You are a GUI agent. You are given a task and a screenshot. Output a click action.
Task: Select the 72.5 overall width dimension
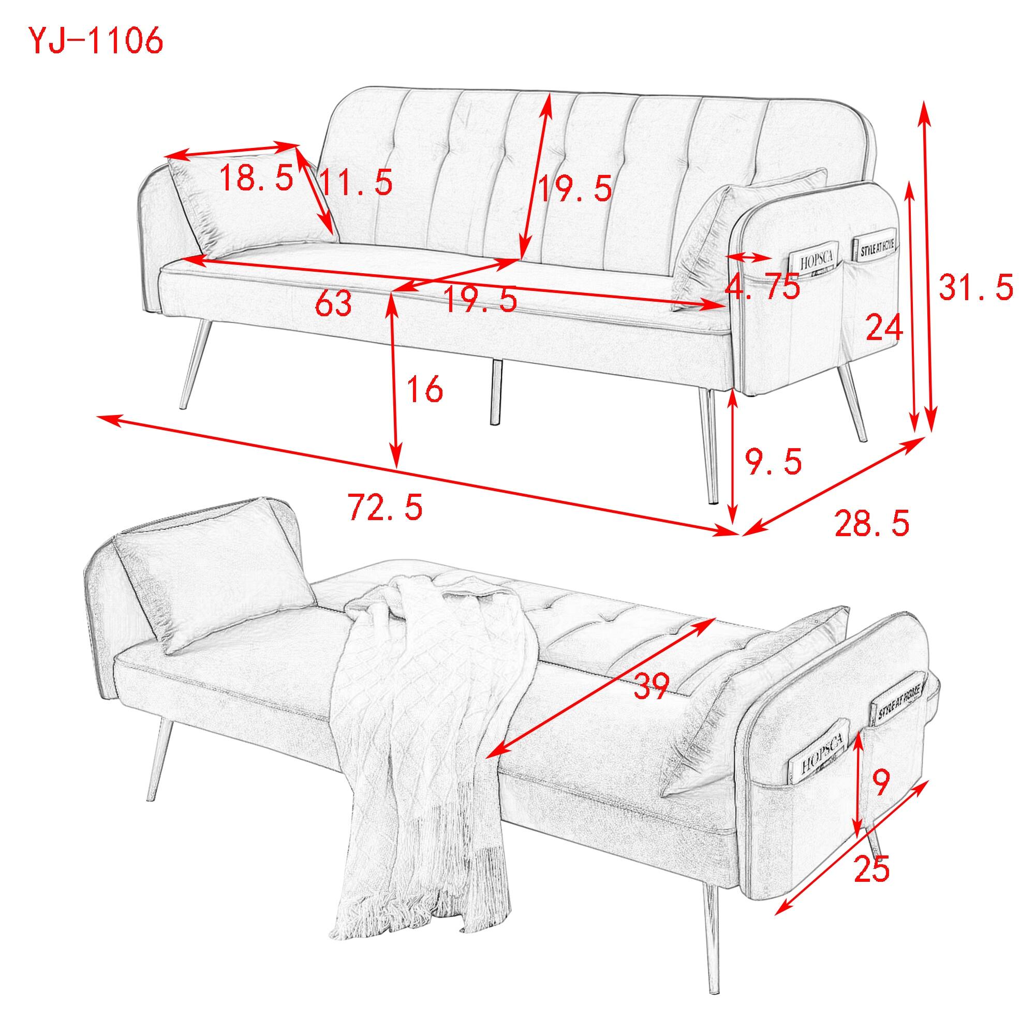coord(385,507)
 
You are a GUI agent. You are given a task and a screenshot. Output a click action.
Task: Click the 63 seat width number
coord(333,304)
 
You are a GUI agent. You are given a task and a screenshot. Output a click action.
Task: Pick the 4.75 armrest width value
coord(762,287)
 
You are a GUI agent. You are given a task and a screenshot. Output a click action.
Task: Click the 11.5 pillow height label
coord(356,182)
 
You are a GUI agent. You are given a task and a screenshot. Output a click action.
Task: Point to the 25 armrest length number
coord(871,868)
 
